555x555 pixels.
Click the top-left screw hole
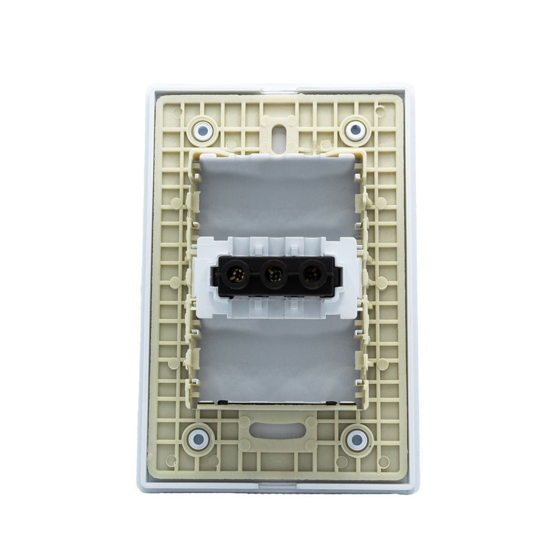pos(203,131)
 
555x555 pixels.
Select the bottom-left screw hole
pos(198,440)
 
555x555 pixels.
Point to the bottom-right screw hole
pos(356,440)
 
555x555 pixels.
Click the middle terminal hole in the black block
pos(275,274)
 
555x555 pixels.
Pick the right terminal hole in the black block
pos(312,274)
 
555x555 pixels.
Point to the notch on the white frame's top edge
pos(277,88)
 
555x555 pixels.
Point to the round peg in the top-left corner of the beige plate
pos(177,113)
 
